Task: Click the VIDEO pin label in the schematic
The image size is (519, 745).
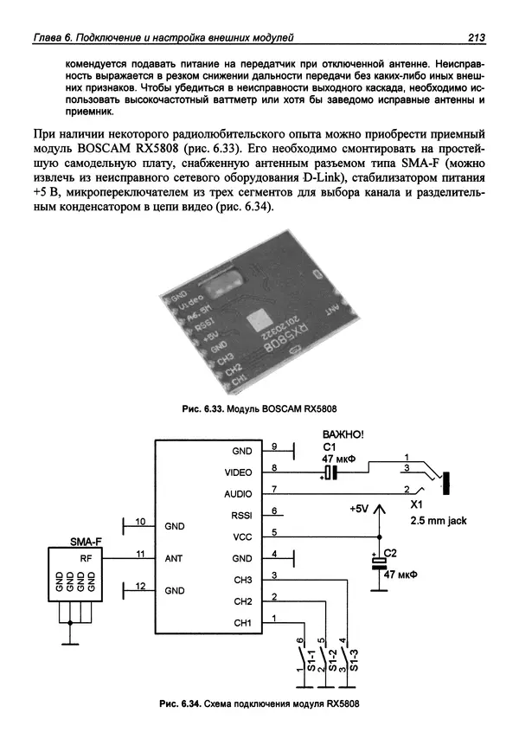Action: pos(238,472)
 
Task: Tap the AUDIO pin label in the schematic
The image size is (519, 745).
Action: pos(238,494)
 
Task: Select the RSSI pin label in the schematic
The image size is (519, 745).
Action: pos(240,516)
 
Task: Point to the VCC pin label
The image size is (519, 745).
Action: pos(241,536)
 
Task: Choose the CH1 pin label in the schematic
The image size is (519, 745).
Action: pos(241,622)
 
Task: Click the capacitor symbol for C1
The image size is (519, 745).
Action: pos(330,472)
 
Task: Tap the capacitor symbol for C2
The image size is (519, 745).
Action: pos(378,562)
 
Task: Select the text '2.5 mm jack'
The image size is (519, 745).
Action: pos(438,521)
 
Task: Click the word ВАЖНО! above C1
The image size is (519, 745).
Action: pos(343,434)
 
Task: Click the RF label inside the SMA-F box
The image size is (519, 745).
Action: pos(86,558)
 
